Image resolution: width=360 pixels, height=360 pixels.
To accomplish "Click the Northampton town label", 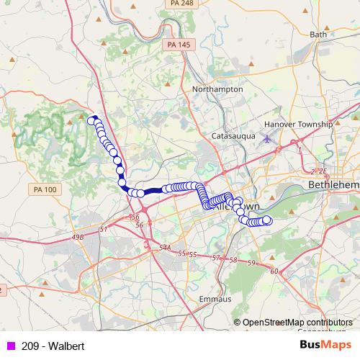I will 218,89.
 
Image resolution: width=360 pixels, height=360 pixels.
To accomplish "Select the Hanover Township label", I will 298,124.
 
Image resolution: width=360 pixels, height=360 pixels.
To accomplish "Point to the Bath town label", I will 318,34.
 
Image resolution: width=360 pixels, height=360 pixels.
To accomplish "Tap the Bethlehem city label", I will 333,185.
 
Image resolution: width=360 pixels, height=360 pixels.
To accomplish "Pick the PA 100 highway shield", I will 44,189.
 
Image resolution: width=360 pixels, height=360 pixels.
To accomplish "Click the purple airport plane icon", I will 269,138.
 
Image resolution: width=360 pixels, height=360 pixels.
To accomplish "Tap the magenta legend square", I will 11,346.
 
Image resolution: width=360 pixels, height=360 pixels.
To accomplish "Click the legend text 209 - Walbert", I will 53,346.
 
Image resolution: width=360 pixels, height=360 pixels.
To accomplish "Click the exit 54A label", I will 165,248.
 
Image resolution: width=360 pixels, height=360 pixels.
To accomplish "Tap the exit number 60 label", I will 274,271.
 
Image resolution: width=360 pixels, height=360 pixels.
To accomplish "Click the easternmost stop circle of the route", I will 267,220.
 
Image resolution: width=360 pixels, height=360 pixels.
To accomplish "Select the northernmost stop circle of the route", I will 91,120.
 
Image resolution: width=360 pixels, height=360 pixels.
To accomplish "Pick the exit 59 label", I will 251,263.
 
